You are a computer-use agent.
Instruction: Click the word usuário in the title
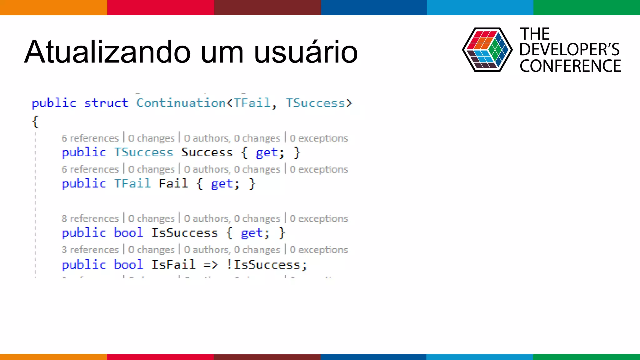[x=306, y=52]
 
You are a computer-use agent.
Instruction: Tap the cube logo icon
[x=487, y=50]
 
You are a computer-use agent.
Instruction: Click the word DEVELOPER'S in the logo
[x=569, y=49]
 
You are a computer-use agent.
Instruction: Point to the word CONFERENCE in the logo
[x=570, y=66]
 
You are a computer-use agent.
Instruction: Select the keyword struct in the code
[x=106, y=103]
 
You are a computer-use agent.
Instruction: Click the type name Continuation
[x=181, y=103]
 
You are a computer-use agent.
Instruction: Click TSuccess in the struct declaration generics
[x=316, y=103]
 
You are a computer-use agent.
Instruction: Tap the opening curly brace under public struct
[x=35, y=121]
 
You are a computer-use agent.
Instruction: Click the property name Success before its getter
[x=207, y=152]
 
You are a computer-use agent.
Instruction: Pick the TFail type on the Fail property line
[x=132, y=183]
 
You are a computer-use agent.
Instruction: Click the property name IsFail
[x=173, y=265]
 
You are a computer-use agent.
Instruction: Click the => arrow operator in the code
[x=211, y=265]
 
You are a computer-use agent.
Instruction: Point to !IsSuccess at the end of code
[x=267, y=265]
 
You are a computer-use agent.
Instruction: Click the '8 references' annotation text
[x=90, y=218]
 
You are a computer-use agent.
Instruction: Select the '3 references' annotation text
[x=90, y=250]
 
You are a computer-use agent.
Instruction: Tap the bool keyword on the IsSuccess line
[x=128, y=233]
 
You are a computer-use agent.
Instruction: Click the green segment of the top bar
[x=587, y=7]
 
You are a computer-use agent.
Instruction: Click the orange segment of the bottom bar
[x=53, y=357]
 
